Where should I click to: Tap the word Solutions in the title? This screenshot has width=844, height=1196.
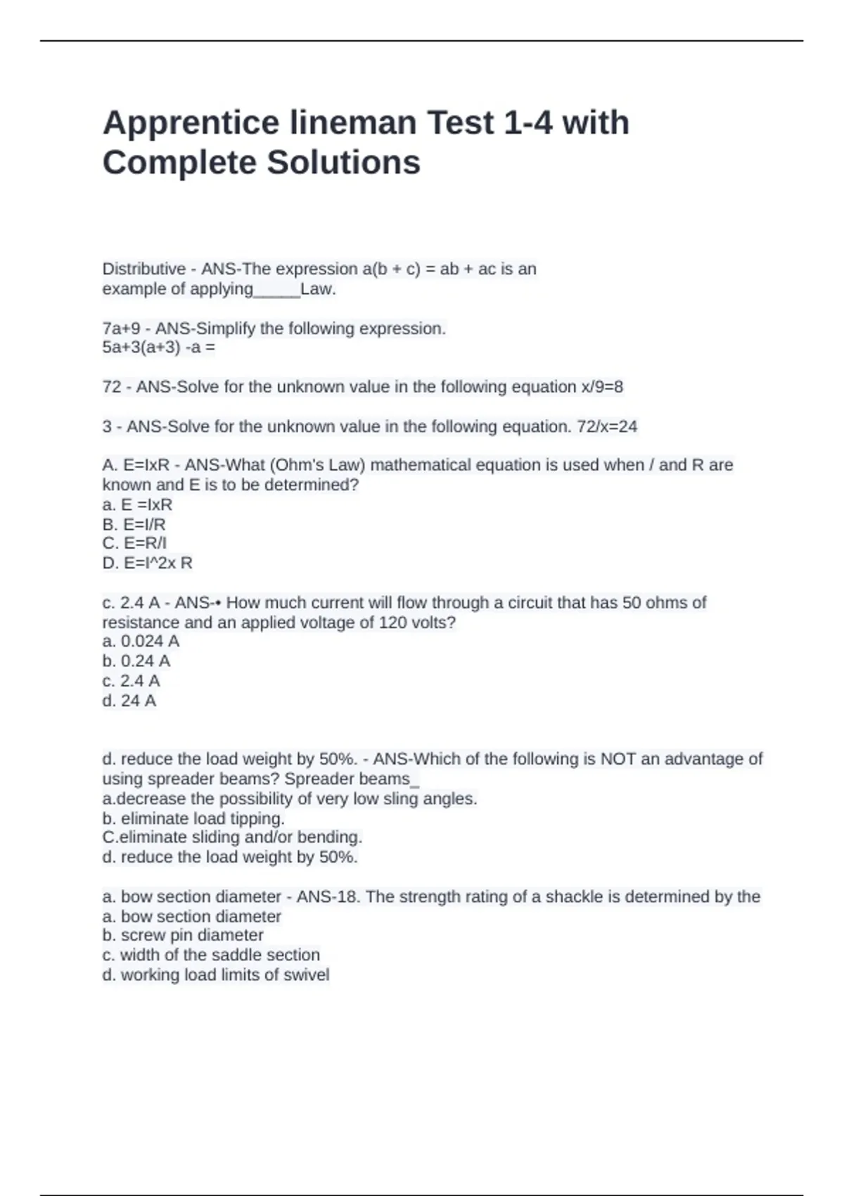point(343,163)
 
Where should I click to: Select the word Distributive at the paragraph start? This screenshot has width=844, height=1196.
point(143,269)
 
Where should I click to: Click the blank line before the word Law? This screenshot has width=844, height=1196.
point(276,289)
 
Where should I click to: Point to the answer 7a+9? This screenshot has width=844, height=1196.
point(121,329)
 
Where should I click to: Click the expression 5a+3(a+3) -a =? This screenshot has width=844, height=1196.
point(159,348)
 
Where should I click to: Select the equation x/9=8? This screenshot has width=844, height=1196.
point(602,387)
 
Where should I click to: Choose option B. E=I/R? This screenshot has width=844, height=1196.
point(134,524)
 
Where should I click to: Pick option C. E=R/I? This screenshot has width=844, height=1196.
point(134,543)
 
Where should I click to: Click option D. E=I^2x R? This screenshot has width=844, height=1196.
point(147,563)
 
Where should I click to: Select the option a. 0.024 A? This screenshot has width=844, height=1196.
point(141,641)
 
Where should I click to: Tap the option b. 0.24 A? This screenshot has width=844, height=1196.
point(136,661)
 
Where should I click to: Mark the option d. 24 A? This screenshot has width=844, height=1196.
point(129,701)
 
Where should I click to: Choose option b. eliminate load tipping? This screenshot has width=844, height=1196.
point(193,818)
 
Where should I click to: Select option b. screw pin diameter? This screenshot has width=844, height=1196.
point(183,935)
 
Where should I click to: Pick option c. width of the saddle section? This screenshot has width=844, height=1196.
point(211,955)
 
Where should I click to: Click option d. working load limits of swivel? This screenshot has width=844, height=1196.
point(216,974)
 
